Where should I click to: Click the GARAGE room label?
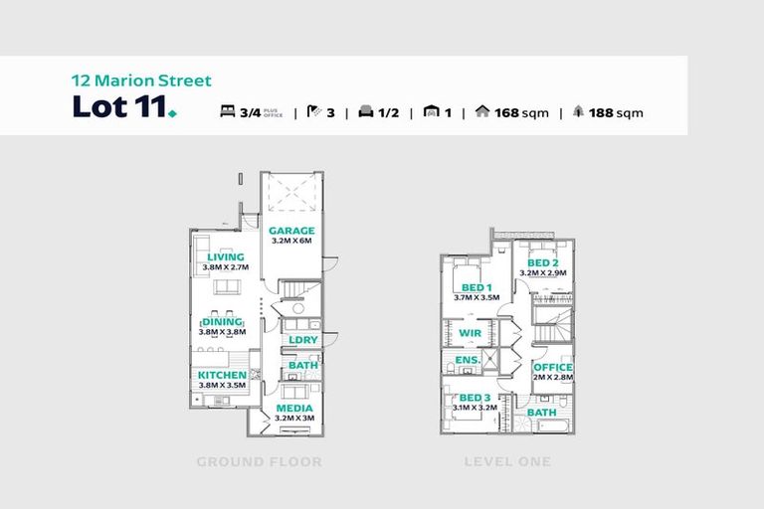291,231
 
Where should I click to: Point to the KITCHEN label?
222,375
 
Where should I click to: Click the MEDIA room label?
293,408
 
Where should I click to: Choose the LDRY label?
302,340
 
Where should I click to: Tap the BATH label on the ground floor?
302,366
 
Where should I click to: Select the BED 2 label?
542,262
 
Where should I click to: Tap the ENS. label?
468,359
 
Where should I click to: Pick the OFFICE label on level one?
552,368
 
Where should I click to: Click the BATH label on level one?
542,413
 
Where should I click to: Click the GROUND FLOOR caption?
259,462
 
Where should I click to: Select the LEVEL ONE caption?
506,462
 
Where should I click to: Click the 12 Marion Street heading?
141,81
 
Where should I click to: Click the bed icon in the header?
227,112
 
